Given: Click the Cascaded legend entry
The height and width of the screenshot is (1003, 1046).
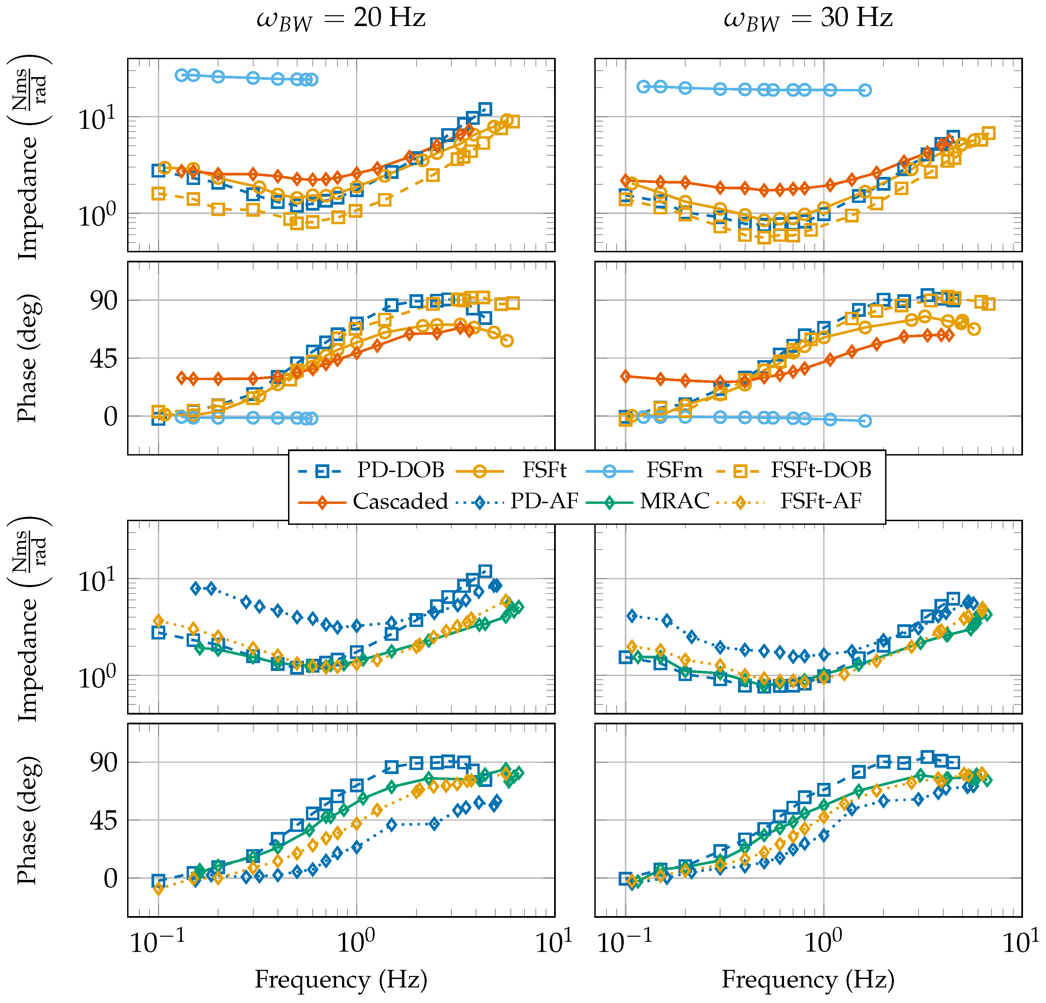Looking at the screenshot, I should tap(400, 501).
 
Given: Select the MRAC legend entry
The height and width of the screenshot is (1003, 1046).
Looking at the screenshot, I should tap(674, 501).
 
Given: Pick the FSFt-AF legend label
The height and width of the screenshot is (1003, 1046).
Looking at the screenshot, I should tap(821, 501).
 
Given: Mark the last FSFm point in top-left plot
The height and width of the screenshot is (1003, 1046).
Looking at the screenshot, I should tap(312, 79).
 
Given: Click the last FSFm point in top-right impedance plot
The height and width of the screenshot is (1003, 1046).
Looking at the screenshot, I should tap(865, 90).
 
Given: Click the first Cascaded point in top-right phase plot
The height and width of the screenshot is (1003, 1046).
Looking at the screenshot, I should tap(625, 376).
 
